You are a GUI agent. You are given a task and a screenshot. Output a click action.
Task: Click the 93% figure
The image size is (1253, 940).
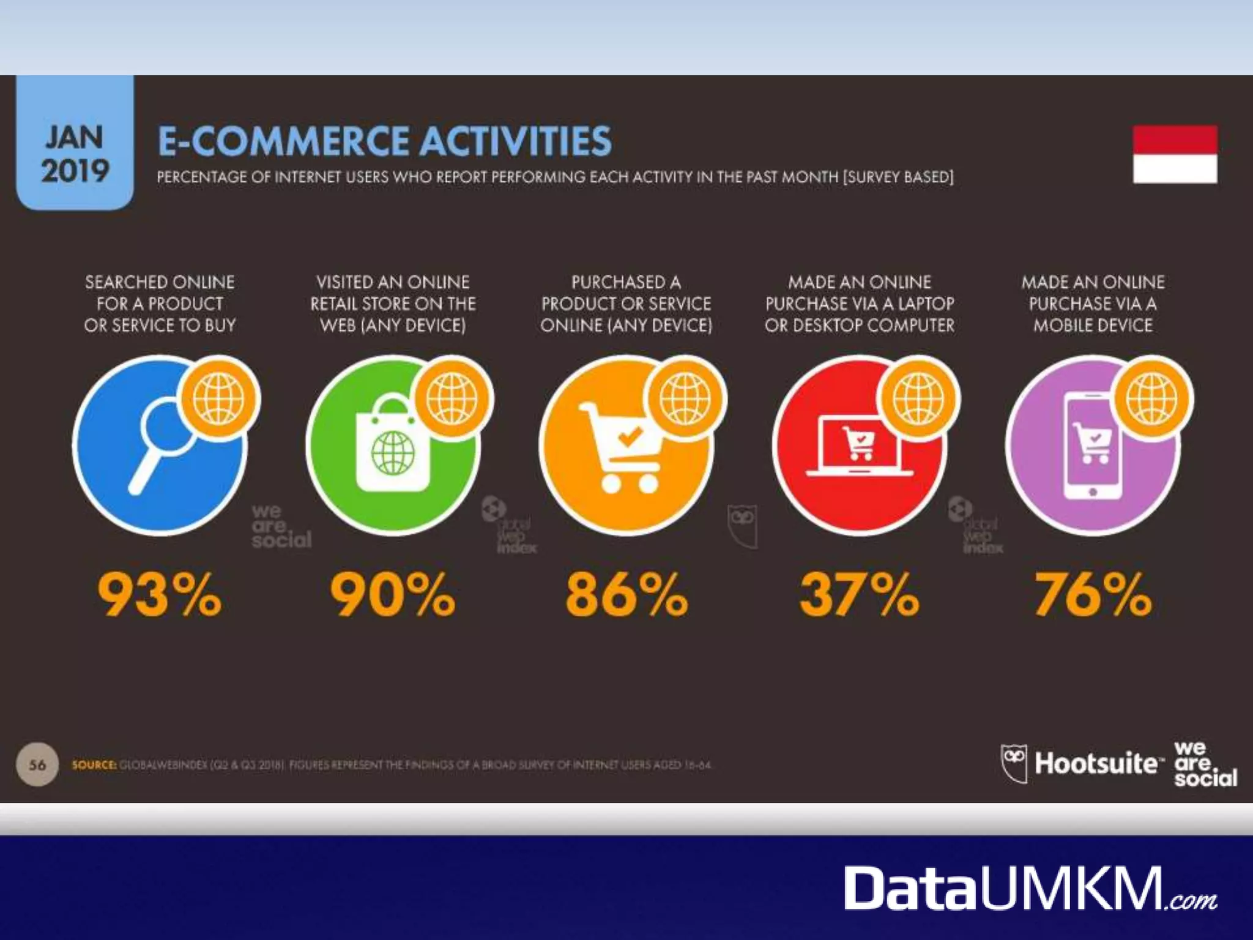click(x=160, y=594)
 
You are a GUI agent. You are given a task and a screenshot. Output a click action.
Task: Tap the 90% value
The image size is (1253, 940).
click(x=393, y=594)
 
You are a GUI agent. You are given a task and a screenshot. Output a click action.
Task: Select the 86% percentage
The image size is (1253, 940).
click(x=626, y=594)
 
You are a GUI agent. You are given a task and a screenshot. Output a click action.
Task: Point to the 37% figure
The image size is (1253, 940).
click(x=859, y=594)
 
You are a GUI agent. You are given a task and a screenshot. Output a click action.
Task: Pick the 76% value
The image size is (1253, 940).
click(x=1093, y=594)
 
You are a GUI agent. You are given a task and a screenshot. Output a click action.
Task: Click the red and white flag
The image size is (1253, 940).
click(x=1175, y=154)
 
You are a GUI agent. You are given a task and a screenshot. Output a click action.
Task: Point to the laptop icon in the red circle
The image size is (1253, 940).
click(x=859, y=447)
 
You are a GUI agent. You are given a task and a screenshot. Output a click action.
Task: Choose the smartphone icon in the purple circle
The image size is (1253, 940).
click(x=1093, y=447)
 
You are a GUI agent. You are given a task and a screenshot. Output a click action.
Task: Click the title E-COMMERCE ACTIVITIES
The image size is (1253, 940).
click(x=384, y=141)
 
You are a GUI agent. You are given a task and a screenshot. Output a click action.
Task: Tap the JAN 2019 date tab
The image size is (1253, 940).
click(x=75, y=153)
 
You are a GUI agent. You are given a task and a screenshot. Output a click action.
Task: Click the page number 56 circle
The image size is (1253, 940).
click(x=37, y=764)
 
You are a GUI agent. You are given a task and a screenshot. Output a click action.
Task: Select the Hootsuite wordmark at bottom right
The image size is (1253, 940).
click(x=1095, y=764)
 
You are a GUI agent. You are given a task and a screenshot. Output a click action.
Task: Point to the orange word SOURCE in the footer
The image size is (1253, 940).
click(x=94, y=765)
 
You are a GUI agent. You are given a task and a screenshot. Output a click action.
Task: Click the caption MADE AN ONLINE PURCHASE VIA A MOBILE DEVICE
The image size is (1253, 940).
click(x=1093, y=304)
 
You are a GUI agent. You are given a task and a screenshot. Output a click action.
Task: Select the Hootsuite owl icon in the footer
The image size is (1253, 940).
click(x=1014, y=763)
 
